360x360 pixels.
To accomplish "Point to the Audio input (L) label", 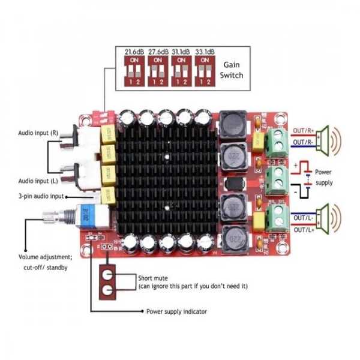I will coord(38,181).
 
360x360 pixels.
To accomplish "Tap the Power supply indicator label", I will coord(178,311).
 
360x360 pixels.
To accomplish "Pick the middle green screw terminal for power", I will coord(278,177).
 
